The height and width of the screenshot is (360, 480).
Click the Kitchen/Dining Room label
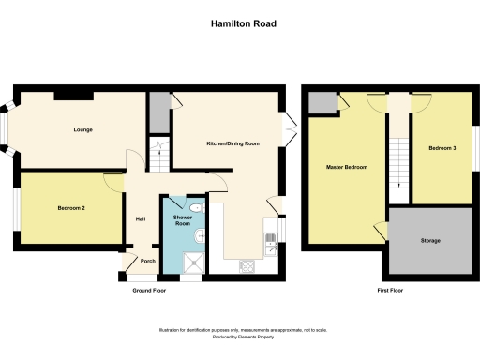pos(232,143)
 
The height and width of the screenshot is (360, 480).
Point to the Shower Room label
pos(183,221)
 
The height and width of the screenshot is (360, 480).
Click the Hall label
pos(140,218)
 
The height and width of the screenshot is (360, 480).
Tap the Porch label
pos(147,261)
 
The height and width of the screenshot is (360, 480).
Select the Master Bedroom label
pos(346,168)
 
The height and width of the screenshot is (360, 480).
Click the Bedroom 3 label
pos(442,149)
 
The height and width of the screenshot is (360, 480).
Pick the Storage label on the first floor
pos(431,241)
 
